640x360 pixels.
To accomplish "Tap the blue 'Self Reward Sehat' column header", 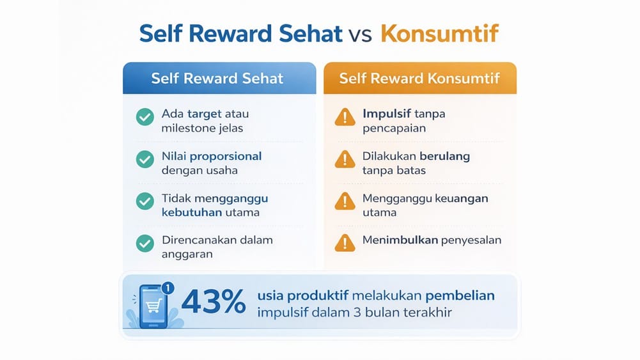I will point(217,79).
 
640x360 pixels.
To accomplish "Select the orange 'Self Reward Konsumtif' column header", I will point(419,79).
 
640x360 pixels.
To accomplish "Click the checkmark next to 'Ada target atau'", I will point(145,117).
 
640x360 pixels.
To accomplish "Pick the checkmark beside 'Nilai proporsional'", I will point(145,159).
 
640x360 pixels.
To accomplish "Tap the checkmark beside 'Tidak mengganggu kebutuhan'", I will point(145,201).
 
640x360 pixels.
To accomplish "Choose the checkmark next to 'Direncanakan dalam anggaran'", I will point(145,244).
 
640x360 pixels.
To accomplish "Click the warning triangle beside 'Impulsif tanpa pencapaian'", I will point(345,117).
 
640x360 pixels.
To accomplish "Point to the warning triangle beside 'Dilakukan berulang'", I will point(345,159).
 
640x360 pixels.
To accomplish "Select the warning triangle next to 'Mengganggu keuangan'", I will point(345,201).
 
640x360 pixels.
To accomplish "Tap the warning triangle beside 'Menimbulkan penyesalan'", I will point(345,242).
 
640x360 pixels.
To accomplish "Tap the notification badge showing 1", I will point(167,288).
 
